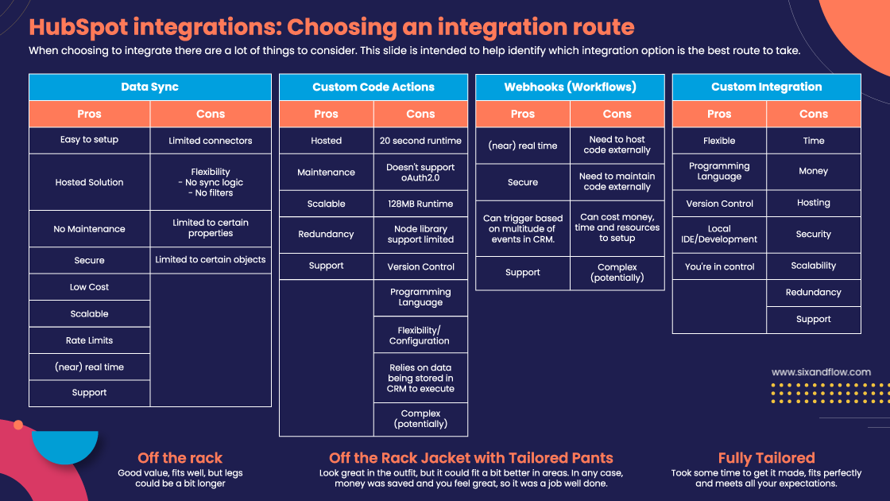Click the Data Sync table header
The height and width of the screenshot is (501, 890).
pos(149,87)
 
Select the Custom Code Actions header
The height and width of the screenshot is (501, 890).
pos(373,87)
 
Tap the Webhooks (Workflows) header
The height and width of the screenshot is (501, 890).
pos(570,87)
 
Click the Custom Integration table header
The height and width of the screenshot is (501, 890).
pos(766,87)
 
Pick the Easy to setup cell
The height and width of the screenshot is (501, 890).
pos(89,140)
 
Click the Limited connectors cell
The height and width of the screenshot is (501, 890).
pos(211,141)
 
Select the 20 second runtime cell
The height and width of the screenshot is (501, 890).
pos(420,141)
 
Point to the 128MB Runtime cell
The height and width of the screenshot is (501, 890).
pos(420,204)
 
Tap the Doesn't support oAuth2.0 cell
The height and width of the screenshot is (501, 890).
pos(420,173)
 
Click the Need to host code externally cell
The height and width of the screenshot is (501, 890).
pos(617,145)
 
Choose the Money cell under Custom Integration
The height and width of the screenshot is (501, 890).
pos(813,171)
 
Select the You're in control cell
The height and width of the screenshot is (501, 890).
pos(719,266)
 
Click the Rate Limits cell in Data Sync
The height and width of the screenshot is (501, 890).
pos(89,340)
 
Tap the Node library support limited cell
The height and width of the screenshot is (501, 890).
pos(420,235)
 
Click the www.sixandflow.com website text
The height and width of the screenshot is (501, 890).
pos(821,371)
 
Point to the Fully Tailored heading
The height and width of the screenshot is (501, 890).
pos(766,458)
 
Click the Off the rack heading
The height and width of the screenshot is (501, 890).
pos(180,458)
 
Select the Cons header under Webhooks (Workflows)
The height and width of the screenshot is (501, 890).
pos(617,114)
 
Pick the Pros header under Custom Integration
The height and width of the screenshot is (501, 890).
pos(719,114)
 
